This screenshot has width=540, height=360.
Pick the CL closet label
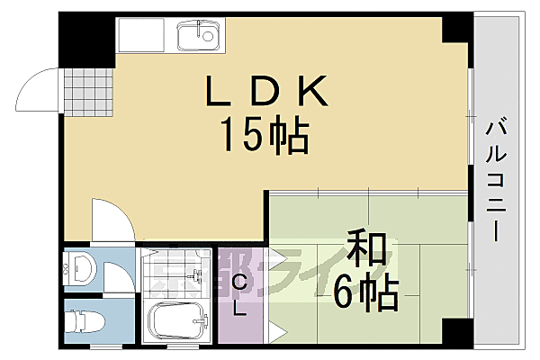pos(240,296)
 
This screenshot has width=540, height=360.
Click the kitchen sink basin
pos(197,37)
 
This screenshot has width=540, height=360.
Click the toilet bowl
pos(83,320)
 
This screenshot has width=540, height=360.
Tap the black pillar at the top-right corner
pos(457,29)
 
